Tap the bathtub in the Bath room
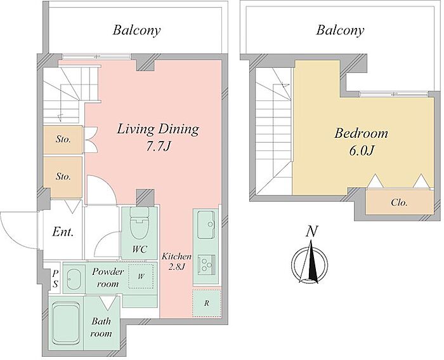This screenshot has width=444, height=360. tap(66, 323)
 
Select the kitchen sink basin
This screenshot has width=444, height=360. tap(206, 225)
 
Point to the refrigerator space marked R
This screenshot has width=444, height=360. tap(207, 303)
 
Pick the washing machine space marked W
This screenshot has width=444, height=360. tap(141, 276)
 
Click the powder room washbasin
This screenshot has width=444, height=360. tap(74, 279)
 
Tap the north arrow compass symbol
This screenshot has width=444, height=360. tap(310, 262)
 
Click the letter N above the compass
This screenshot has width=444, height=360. tap(312, 231)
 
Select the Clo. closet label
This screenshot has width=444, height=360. tap(399, 203)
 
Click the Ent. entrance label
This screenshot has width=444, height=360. tap(63, 232)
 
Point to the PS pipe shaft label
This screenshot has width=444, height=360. tap(56, 278)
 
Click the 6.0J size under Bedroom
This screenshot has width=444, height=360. tap(362, 150)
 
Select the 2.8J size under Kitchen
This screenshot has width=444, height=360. tap(177, 267)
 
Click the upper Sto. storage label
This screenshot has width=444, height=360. tap(63, 140)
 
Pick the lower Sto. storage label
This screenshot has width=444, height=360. tap(63, 177)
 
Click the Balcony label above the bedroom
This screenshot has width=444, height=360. tap(340, 30)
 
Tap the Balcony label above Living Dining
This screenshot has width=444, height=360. tap(136, 30)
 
